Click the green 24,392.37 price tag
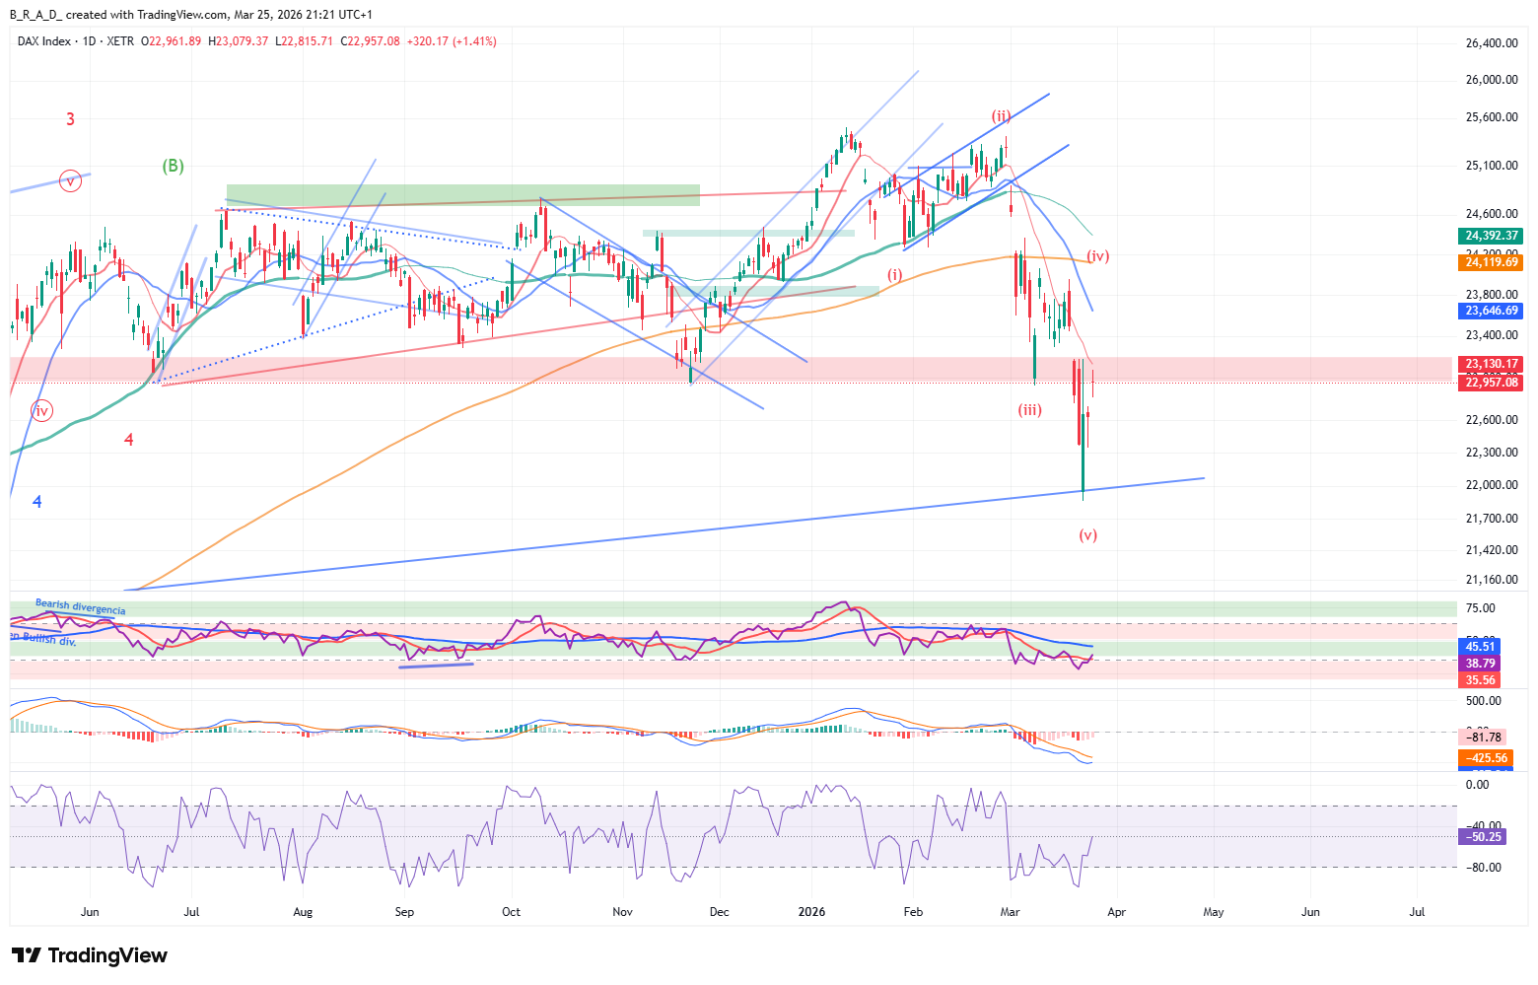(x=1492, y=236)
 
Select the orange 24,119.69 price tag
(x=1492, y=262)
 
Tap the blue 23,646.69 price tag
(x=1492, y=311)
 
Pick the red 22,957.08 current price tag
(x=1492, y=383)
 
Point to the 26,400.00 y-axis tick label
(x=1491, y=43)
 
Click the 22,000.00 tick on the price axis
(x=1491, y=485)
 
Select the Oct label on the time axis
(x=511, y=912)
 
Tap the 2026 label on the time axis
(x=811, y=912)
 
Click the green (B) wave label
(x=173, y=166)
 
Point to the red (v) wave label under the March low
(x=1087, y=535)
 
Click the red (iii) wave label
(x=1030, y=410)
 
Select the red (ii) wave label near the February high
(x=1001, y=116)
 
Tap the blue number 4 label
(x=37, y=502)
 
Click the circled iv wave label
(x=41, y=410)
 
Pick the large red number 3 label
(x=70, y=119)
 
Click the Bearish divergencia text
(x=81, y=607)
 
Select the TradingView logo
(x=90, y=955)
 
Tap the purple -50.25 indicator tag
(x=1483, y=837)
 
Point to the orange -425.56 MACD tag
(x=1487, y=758)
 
